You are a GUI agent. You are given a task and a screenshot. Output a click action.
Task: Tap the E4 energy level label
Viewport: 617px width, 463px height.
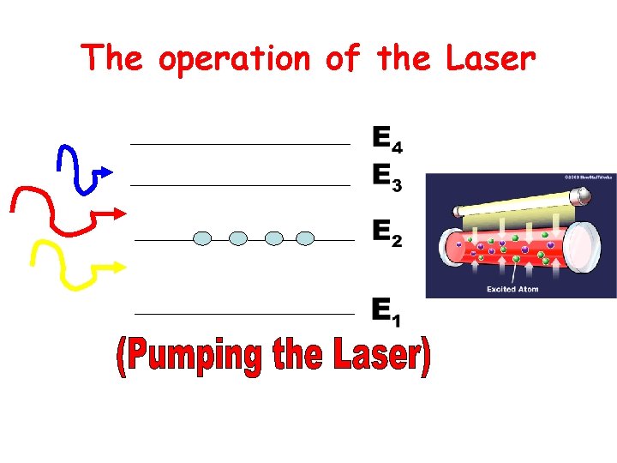[387, 139]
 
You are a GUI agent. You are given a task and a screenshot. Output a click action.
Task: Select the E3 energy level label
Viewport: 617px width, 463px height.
[387, 177]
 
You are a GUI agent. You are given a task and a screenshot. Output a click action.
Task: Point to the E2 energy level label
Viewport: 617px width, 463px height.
[386, 232]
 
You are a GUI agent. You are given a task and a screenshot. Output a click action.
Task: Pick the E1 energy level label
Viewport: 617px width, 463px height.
[386, 311]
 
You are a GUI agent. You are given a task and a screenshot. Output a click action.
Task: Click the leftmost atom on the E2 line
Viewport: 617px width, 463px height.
[202, 238]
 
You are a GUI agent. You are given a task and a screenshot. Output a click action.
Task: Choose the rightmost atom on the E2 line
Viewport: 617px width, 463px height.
[305, 238]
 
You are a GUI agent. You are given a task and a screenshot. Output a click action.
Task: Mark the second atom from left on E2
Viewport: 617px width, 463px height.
[239, 238]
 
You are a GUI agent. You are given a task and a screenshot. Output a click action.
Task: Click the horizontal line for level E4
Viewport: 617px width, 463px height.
[240, 144]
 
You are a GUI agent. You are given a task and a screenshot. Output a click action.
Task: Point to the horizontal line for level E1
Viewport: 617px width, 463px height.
[244, 314]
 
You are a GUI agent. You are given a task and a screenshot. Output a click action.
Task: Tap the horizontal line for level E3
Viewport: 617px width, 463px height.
[240, 184]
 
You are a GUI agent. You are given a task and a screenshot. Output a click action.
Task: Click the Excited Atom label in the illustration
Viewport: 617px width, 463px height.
[512, 290]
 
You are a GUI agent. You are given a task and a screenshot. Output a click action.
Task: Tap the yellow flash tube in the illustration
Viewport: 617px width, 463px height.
[514, 203]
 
